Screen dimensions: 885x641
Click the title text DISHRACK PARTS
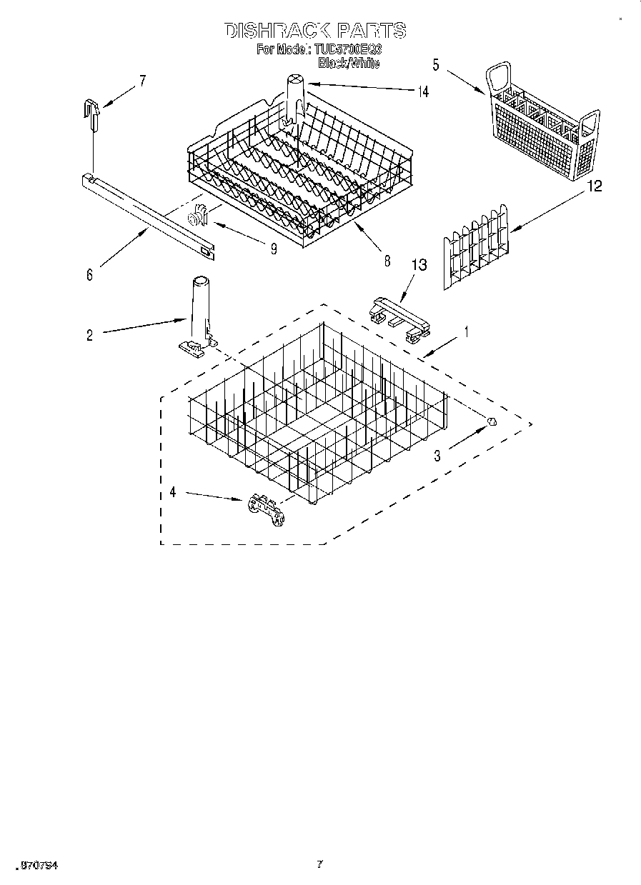315,30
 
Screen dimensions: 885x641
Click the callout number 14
424,91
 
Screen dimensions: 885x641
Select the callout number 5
435,64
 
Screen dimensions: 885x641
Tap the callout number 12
594,186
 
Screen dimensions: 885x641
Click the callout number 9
273,249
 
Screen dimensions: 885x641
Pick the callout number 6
89,275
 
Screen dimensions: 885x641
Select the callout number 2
89,334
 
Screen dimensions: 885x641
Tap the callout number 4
172,491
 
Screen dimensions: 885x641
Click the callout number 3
437,455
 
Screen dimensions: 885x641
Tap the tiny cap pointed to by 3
492,422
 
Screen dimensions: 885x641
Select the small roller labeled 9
195,218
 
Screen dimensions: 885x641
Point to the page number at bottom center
319,864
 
